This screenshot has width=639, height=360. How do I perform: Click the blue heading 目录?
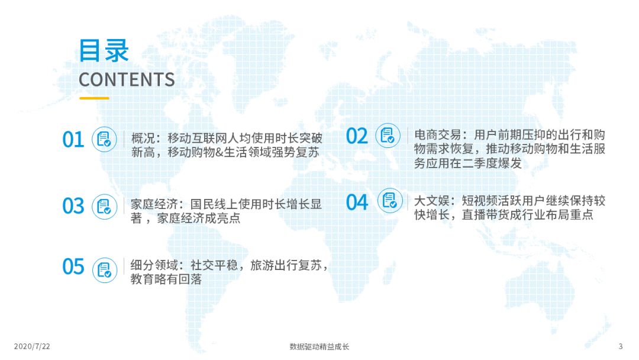click(x=104, y=51)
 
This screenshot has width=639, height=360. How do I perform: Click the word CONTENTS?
click(x=127, y=79)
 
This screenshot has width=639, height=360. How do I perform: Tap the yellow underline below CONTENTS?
click(x=94, y=98)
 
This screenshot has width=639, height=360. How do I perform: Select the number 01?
click(x=73, y=139)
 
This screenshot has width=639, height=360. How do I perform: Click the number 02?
click(x=357, y=136)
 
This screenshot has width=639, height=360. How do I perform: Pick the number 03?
click(x=73, y=206)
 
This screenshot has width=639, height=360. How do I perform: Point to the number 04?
click(x=357, y=202)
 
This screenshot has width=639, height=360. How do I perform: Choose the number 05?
click(x=73, y=266)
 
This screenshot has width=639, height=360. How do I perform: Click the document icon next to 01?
click(x=104, y=139)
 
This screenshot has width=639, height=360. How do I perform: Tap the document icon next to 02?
click(x=388, y=136)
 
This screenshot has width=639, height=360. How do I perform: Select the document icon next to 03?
click(x=105, y=206)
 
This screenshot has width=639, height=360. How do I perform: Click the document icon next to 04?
click(x=390, y=200)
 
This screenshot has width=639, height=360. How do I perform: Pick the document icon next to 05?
click(x=105, y=270)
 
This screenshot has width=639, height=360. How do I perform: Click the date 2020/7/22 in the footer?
click(x=32, y=346)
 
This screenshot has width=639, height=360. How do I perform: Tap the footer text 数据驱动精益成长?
click(x=319, y=346)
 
